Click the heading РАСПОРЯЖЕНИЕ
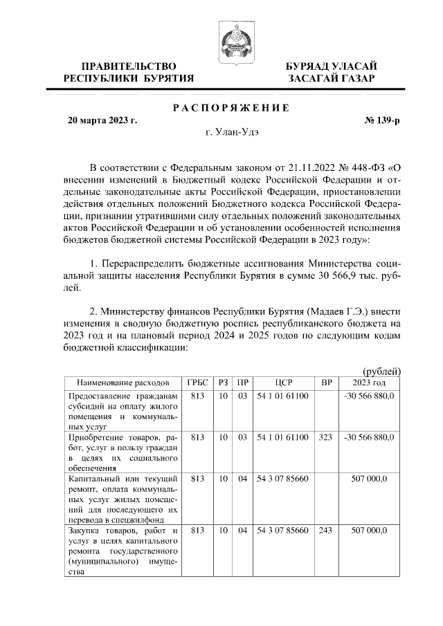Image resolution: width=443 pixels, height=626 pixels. click(x=230, y=108)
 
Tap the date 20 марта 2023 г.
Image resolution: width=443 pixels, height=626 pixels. click(x=101, y=120)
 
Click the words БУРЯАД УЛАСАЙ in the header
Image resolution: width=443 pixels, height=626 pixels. click(x=332, y=66)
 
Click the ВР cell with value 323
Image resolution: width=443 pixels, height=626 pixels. click(x=326, y=438)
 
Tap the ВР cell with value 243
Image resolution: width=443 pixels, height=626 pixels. click(x=326, y=531)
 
